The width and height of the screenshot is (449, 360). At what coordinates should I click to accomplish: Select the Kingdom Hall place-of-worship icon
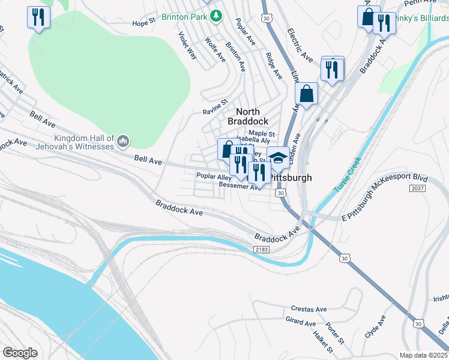(x=123, y=142)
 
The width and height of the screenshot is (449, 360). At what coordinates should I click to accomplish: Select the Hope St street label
(x=144, y=23)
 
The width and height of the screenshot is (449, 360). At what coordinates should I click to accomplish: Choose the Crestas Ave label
(x=306, y=309)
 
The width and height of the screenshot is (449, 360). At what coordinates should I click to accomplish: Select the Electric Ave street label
(x=300, y=45)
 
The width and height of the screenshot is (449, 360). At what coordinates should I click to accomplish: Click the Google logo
(x=20, y=353)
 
